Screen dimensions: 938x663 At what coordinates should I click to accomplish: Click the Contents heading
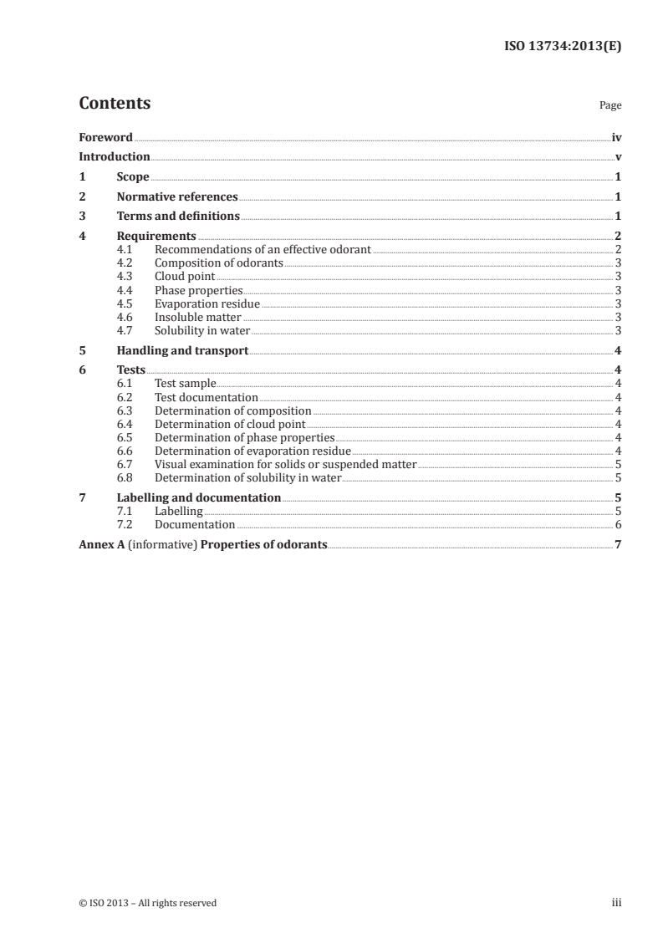pyautogui.click(x=115, y=104)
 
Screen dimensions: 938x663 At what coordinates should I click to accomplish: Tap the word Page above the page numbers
pyautogui.click(x=610, y=106)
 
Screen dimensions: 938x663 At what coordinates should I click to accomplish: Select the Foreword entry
pyautogui.click(x=105, y=137)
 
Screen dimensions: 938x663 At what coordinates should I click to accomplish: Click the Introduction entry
pyautogui.click(x=114, y=156)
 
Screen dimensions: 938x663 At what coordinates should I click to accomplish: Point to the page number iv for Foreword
pyautogui.click(x=616, y=137)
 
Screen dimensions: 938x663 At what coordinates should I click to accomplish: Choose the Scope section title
pyautogui.click(x=133, y=176)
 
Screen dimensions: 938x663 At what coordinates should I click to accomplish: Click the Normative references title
pyautogui.click(x=177, y=196)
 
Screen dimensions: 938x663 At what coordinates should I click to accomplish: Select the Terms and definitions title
pyautogui.click(x=178, y=217)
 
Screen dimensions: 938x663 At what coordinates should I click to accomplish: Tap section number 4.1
pyautogui.click(x=125, y=250)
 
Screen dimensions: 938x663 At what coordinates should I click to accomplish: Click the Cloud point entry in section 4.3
pyautogui.click(x=185, y=277)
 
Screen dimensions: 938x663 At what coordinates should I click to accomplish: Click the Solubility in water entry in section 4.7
pyautogui.click(x=202, y=330)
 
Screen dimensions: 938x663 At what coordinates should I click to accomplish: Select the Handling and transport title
pyautogui.click(x=182, y=350)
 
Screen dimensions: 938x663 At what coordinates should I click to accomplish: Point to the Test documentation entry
pyautogui.click(x=207, y=397)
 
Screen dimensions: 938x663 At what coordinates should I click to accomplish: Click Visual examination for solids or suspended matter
pyautogui.click(x=285, y=464)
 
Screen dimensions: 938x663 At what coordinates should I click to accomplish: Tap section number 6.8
pyautogui.click(x=125, y=477)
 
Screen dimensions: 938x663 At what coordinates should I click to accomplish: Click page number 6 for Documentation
pyautogui.click(x=618, y=524)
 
